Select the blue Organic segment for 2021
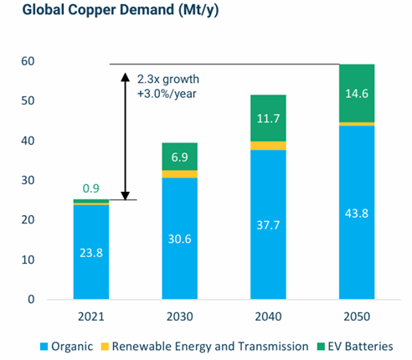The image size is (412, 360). pyautogui.click(x=91, y=252)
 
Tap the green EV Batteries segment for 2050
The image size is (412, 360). pyautogui.click(x=357, y=93)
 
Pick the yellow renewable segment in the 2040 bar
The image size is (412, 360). pyautogui.click(x=268, y=146)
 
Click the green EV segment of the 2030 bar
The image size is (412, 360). pyautogui.click(x=180, y=157)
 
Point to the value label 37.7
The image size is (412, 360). pyautogui.click(x=268, y=225)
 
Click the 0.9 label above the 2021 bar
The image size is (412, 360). pyautogui.click(x=91, y=188)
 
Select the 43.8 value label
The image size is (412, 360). pyautogui.click(x=357, y=213)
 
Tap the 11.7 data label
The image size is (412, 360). pyautogui.click(x=268, y=119)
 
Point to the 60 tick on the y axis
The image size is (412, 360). pyautogui.click(x=28, y=61)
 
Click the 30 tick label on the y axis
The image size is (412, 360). pyautogui.click(x=28, y=180)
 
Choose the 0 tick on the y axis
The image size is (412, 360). pyautogui.click(x=31, y=300)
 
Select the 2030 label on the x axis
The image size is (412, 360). pyautogui.click(x=180, y=316)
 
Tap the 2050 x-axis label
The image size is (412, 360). pyautogui.click(x=357, y=316)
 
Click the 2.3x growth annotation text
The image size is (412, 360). pyautogui.click(x=168, y=80)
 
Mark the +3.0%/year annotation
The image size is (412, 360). pyautogui.click(x=167, y=94)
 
